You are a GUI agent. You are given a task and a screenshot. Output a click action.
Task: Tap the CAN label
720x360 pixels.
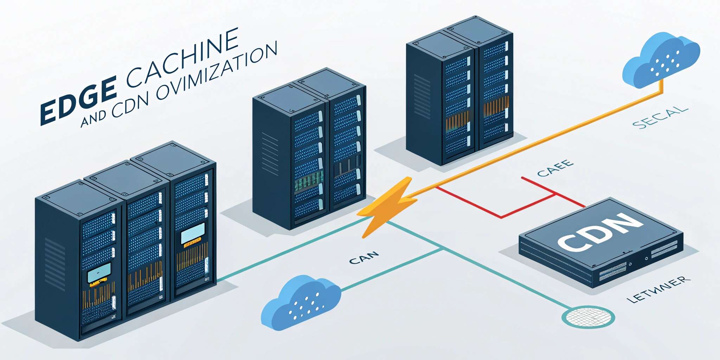(x=364, y=258)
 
